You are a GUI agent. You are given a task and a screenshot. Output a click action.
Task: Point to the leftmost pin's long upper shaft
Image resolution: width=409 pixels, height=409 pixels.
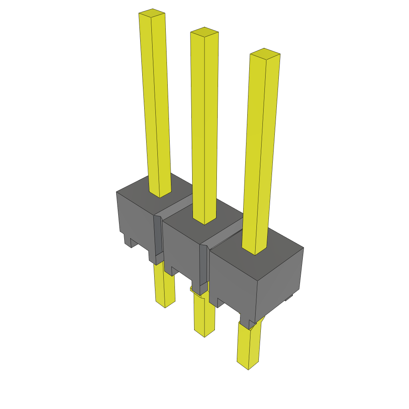(x=157, y=104)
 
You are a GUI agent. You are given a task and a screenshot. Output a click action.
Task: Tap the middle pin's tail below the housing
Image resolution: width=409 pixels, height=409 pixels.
(x=204, y=316)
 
